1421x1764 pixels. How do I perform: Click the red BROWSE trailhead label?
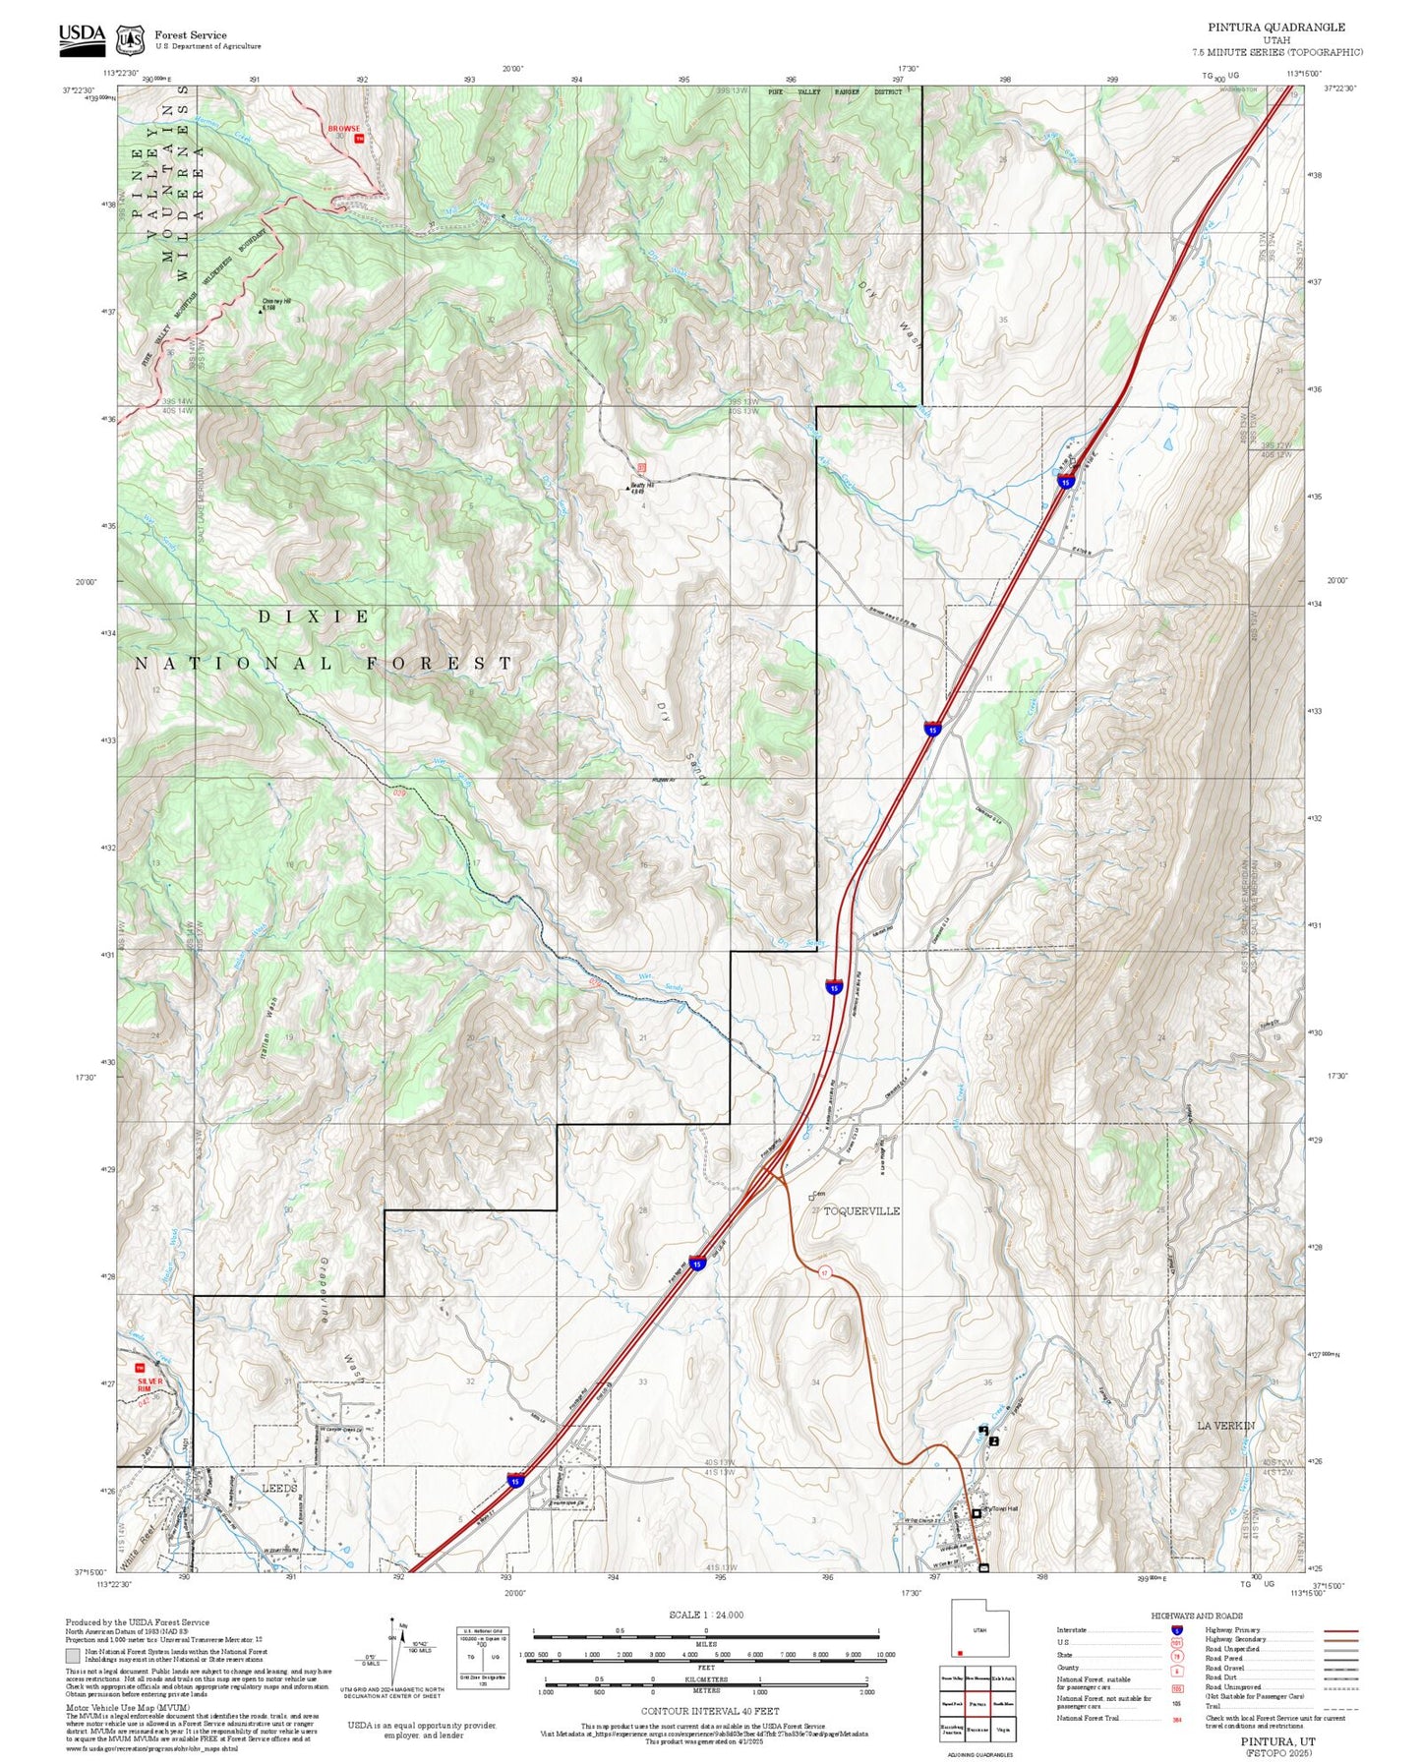(344, 129)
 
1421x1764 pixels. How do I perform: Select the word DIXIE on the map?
(315, 617)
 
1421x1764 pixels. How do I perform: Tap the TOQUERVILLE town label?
(860, 1211)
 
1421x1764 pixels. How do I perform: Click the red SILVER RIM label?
(150, 1382)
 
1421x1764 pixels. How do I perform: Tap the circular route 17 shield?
(825, 1272)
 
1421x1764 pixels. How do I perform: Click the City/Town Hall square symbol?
(976, 1513)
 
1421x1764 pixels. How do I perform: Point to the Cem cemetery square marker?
(811, 1198)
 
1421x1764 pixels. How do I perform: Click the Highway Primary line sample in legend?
(1340, 1630)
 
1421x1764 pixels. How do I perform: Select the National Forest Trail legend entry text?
(1089, 1718)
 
